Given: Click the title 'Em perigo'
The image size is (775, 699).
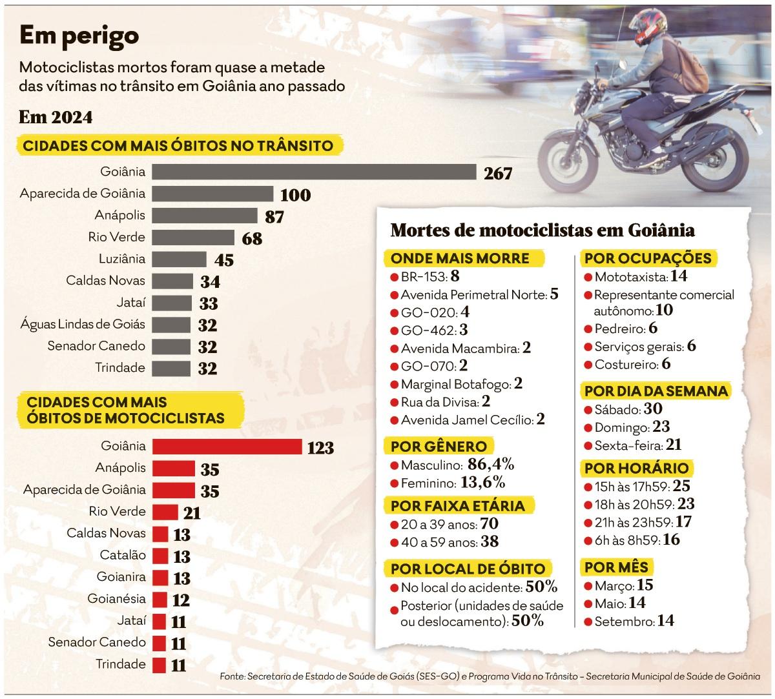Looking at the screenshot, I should (79, 36).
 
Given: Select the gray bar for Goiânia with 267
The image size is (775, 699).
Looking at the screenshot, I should (315, 172).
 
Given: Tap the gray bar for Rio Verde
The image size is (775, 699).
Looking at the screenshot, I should (194, 238).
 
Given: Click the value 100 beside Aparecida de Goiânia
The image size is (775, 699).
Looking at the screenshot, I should (295, 195).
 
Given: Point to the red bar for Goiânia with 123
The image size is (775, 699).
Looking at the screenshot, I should (228, 446).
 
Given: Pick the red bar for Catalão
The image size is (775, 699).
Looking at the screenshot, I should (160, 556).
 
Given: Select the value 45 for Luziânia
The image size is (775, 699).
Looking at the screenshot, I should (224, 261).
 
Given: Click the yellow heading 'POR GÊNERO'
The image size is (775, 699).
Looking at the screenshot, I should (439, 446).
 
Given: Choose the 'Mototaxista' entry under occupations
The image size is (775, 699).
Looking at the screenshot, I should (630, 278).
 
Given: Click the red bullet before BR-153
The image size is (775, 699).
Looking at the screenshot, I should (393, 278).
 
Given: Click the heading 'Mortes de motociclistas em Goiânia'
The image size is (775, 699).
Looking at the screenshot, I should (543, 230).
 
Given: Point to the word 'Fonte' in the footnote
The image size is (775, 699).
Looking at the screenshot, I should (231, 676).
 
